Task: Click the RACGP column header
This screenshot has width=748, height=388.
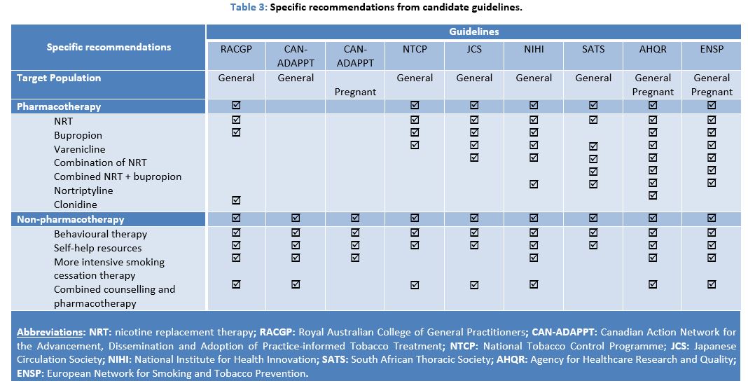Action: (x=236, y=49)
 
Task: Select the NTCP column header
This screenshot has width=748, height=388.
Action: (x=415, y=49)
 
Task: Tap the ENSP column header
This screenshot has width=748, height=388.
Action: (x=712, y=49)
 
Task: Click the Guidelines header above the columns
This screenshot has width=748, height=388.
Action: (x=473, y=32)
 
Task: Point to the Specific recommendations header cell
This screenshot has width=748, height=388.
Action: (x=109, y=47)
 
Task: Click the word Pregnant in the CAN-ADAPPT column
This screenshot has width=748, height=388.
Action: (x=355, y=92)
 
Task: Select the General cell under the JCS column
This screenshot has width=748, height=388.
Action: (x=474, y=78)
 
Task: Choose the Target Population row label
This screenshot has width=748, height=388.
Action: (x=59, y=78)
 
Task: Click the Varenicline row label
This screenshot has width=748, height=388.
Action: (x=79, y=149)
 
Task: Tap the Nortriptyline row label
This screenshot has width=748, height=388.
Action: (x=83, y=190)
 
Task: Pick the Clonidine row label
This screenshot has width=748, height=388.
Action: (x=76, y=205)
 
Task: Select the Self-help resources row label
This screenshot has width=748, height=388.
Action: (x=97, y=248)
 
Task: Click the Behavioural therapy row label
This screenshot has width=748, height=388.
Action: (x=100, y=234)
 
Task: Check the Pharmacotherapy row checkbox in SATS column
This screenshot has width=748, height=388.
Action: (x=593, y=106)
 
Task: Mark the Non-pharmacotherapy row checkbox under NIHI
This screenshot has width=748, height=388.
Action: (x=534, y=219)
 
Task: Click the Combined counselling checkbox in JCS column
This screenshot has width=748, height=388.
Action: (x=474, y=284)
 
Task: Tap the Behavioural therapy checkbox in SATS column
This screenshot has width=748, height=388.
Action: (x=593, y=233)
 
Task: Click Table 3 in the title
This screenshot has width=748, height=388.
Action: (x=246, y=7)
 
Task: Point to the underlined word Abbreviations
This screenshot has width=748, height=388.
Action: (x=46, y=332)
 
